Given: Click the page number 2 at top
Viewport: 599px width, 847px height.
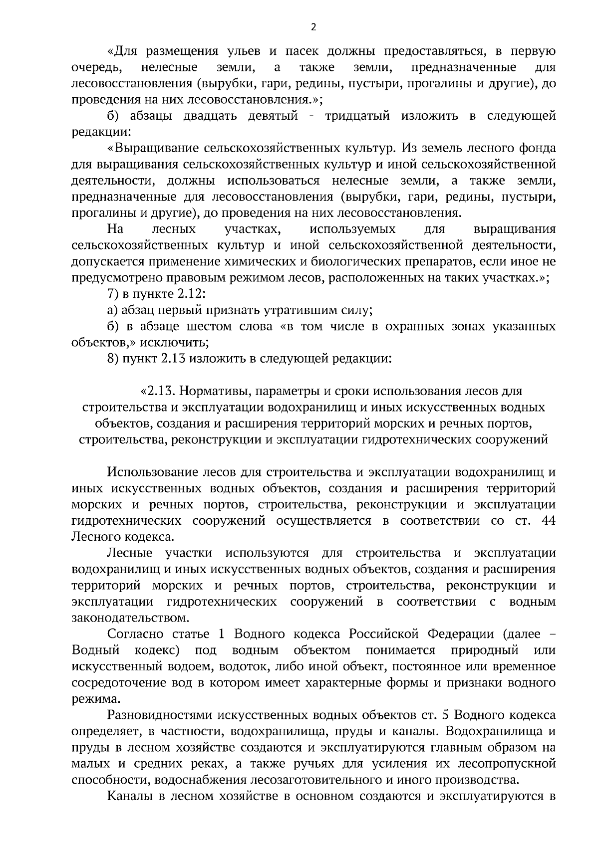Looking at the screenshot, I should point(313,27).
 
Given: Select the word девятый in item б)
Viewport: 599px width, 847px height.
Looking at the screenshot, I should point(274,116).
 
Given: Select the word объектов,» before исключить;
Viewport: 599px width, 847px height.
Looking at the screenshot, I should point(103,343).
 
